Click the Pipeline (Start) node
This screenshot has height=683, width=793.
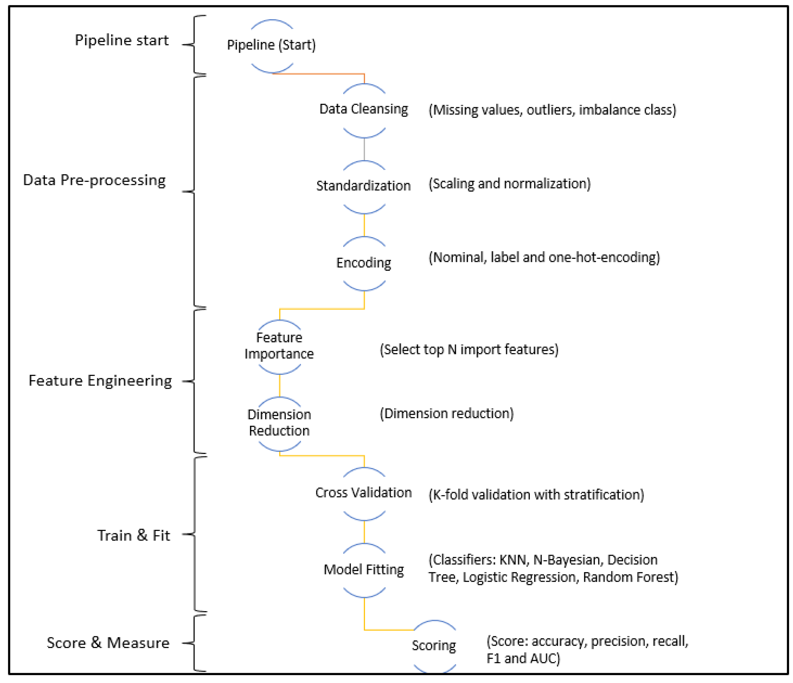[271, 45]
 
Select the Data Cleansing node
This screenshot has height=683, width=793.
[364, 109]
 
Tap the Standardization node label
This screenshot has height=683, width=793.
[364, 186]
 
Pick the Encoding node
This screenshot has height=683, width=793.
[364, 263]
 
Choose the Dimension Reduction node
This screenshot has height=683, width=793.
[279, 423]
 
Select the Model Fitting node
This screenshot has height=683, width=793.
[364, 570]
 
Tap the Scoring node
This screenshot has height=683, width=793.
[434, 645]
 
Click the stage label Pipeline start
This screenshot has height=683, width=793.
[122, 40]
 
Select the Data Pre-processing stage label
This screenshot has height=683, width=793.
[95, 180]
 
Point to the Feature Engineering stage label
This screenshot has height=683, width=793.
[100, 381]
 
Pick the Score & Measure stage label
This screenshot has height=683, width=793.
[108, 643]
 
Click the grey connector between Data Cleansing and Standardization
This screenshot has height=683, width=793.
[364, 149]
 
